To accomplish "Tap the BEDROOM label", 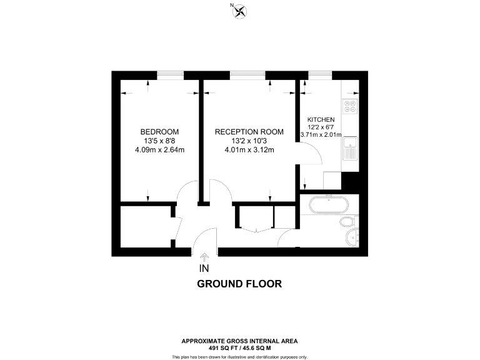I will click(159, 132).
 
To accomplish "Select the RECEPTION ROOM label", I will click(249, 132).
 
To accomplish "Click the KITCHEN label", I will click(321, 119).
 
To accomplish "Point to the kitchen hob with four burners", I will click(350, 107).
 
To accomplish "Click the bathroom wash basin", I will click(353, 237).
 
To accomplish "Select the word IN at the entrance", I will click(203, 269).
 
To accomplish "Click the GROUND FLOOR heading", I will click(239, 284).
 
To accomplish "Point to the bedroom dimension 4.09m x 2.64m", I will click(159, 149).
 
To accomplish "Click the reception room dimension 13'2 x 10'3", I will click(249, 141).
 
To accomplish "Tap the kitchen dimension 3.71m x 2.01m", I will click(321, 134).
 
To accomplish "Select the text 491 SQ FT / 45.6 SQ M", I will click(239, 347).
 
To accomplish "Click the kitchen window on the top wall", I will click(320, 75).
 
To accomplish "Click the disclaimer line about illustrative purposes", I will click(239, 356).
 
